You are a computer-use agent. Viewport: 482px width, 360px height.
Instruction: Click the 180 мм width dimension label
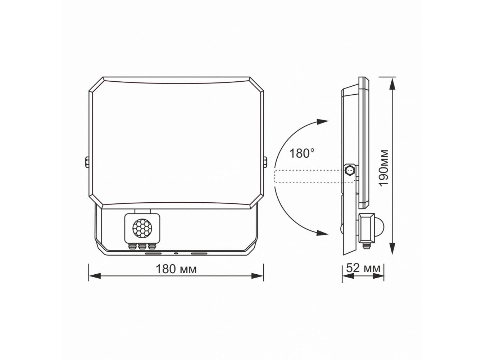[176, 269]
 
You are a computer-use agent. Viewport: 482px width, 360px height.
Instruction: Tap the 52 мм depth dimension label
[363, 268]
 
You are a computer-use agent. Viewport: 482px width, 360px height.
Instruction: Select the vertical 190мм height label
[384, 168]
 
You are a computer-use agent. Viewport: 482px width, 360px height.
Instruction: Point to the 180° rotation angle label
[302, 153]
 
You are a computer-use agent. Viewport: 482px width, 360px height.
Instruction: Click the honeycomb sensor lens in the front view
[142, 228]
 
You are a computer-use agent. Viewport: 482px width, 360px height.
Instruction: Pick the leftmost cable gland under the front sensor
[132, 246]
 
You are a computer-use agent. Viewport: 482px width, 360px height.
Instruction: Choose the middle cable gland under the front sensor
[142, 246]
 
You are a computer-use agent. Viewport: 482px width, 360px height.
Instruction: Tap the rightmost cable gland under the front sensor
[151, 246]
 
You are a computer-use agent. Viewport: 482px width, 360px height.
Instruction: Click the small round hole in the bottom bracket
[176, 253]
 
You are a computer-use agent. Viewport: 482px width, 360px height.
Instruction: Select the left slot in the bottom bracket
[153, 253]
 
